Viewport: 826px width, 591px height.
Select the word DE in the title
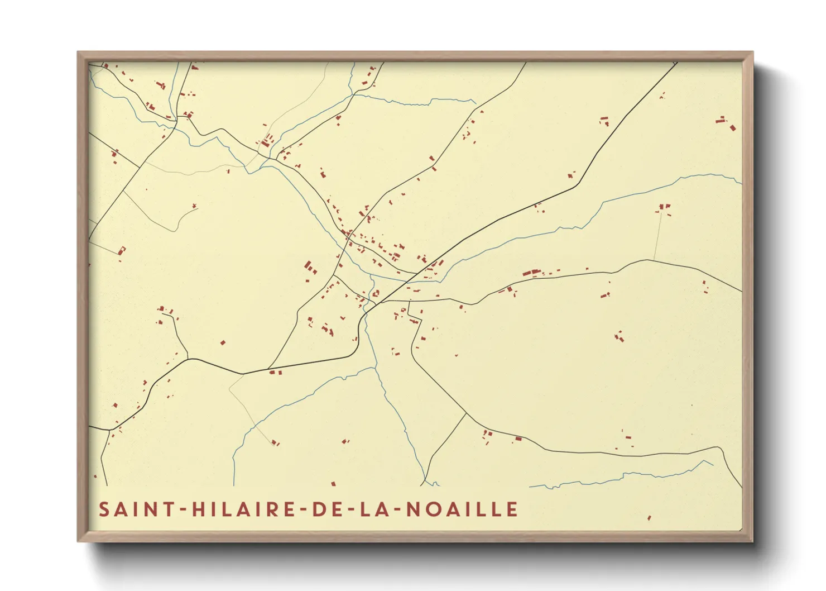(324, 509)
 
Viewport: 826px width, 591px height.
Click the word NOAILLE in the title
(462, 509)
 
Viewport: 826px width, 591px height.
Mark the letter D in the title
(317, 509)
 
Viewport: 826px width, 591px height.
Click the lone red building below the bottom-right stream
(649, 518)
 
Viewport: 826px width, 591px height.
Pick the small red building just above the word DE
(334, 484)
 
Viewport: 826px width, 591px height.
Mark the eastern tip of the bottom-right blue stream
(713, 464)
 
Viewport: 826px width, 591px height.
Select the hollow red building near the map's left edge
(122, 250)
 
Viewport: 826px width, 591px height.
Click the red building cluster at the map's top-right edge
(726, 123)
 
